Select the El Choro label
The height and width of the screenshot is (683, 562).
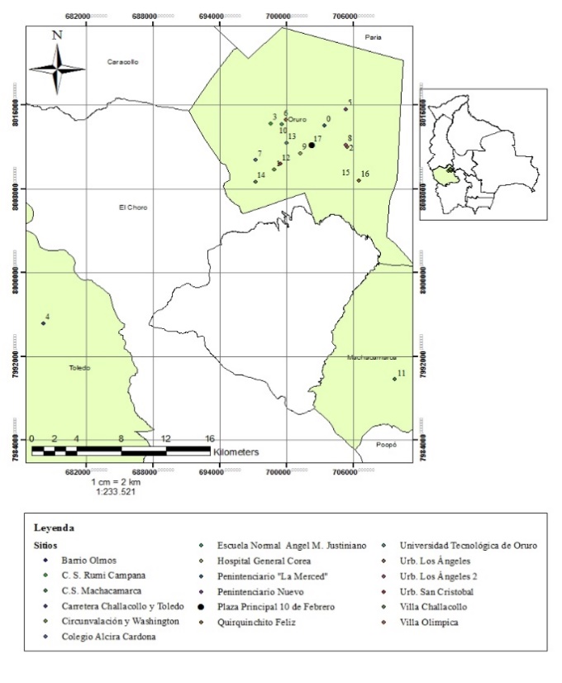[133, 208]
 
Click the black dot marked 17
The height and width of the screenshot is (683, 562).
[312, 145]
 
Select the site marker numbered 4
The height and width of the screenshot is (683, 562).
[43, 322]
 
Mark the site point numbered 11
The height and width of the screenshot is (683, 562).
[394, 380]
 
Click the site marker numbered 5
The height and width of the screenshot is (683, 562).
[345, 108]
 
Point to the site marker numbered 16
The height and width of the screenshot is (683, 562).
[359, 180]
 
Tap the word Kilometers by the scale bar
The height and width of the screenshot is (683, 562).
[236, 453]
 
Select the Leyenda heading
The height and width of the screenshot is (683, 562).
[55, 527]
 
